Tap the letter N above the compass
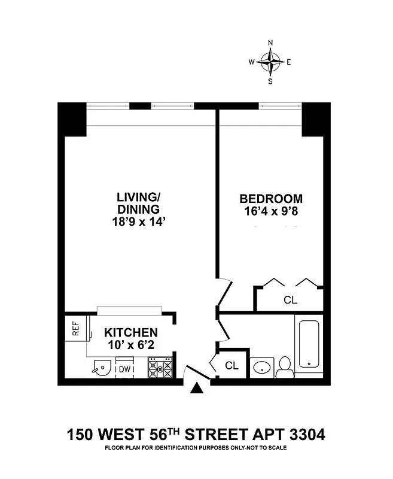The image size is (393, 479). click(x=270, y=43)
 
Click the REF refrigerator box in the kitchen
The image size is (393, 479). click(x=76, y=328)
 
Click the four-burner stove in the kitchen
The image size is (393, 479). click(x=160, y=367)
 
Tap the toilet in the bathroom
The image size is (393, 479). click(x=285, y=366)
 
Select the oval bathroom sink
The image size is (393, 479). click(x=261, y=366)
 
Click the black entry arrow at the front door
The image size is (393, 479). click(x=196, y=389)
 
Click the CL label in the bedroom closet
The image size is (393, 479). click(x=291, y=300)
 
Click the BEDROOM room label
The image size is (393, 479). click(x=271, y=199)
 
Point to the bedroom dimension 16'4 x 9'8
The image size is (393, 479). click(x=271, y=211)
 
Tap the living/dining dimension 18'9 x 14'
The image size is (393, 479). click(x=138, y=222)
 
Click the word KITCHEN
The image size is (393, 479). click(x=131, y=333)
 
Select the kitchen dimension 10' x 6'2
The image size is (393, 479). click(x=131, y=345)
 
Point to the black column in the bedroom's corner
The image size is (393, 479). click(x=312, y=119)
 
